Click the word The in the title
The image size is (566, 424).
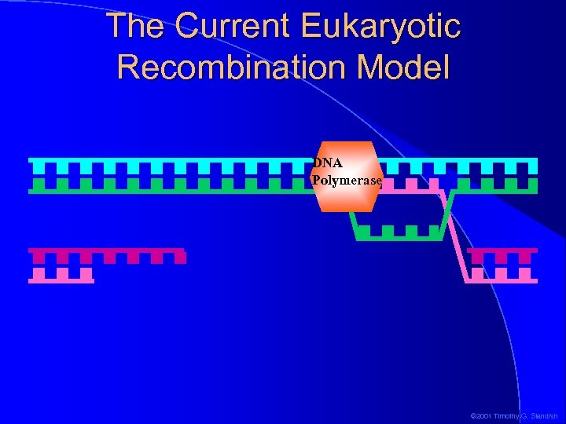point(134,26)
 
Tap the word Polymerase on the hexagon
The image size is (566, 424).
point(347,181)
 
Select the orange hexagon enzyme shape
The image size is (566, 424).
point(347,196)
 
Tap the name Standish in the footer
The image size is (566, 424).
point(543,415)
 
